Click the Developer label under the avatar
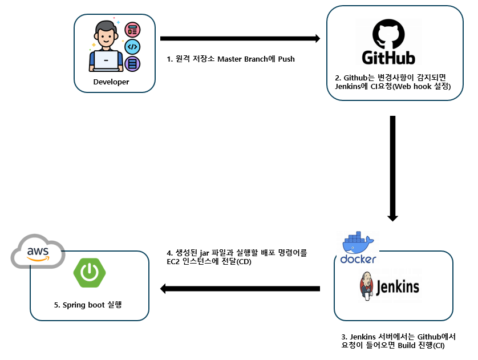pyautogui.click(x=111, y=82)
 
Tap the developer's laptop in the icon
pyautogui.click(x=106, y=61)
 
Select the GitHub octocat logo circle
pyautogui.click(x=388, y=34)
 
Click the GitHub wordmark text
pyautogui.click(x=388, y=57)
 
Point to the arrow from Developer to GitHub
pyautogui.click(x=240, y=39)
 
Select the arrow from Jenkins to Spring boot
pyautogui.click(x=240, y=289)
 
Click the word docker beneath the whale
pyautogui.click(x=358, y=260)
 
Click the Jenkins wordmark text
pyautogui.click(x=398, y=286)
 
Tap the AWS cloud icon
pyautogui.click(x=38, y=252)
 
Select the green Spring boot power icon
pyautogui.click(x=88, y=272)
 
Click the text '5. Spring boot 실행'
pyautogui.click(x=88, y=305)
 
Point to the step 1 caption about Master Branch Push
pyautogui.click(x=230, y=59)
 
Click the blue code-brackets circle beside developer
pyautogui.click(x=132, y=47)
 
